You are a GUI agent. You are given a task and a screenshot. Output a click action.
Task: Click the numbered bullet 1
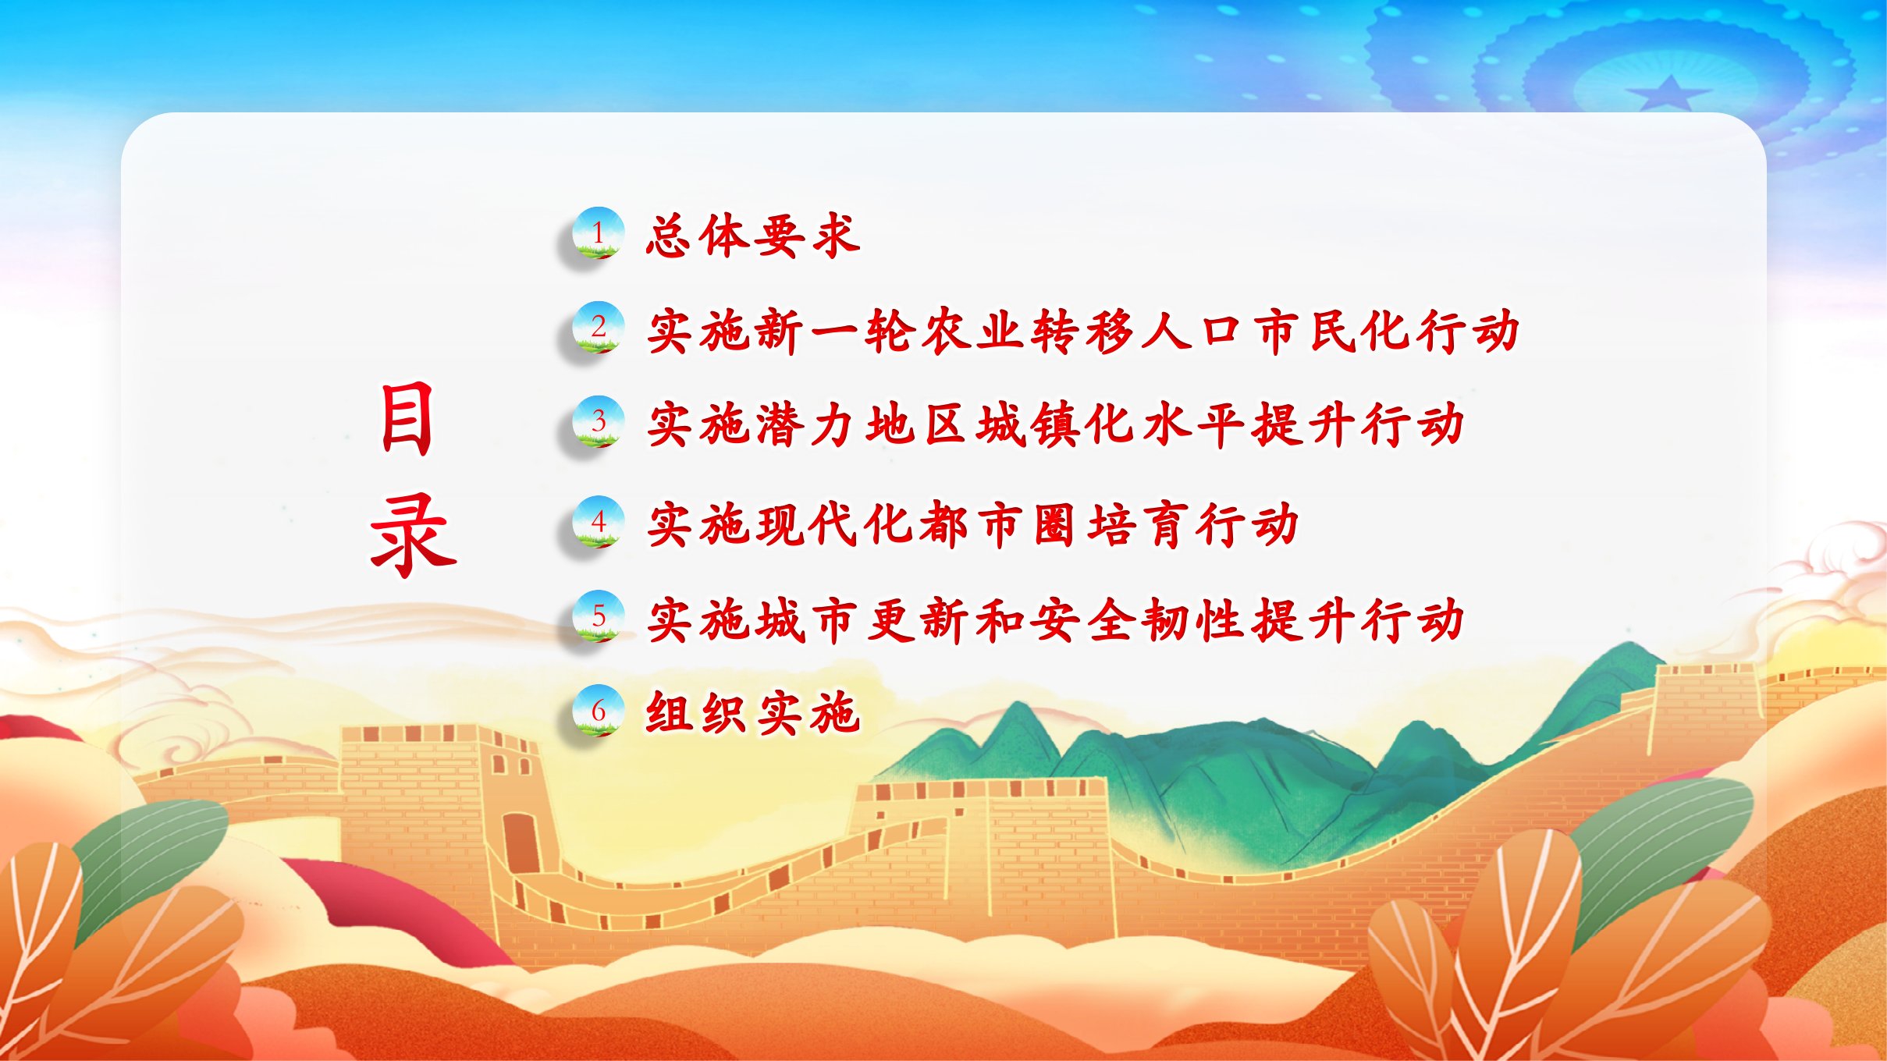coord(598,232)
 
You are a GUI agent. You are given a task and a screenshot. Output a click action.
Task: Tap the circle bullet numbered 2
coord(598,327)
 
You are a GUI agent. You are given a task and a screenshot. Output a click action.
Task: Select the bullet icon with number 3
coord(598,421)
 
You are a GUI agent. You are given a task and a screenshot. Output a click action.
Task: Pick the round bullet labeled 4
coord(598,521)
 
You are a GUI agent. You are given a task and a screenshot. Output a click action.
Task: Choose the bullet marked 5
coord(598,616)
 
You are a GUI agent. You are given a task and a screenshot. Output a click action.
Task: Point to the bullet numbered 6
coord(598,711)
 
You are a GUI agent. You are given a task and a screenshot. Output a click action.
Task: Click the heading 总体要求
coord(753,235)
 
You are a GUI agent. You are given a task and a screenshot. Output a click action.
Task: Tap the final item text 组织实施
coord(753,712)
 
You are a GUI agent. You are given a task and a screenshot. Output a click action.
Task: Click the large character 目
coord(407,419)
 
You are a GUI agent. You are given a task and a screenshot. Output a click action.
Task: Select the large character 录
coord(413,535)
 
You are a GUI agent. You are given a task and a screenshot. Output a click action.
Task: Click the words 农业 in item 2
coord(973,331)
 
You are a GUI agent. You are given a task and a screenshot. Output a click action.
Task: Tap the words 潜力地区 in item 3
coord(862,425)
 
